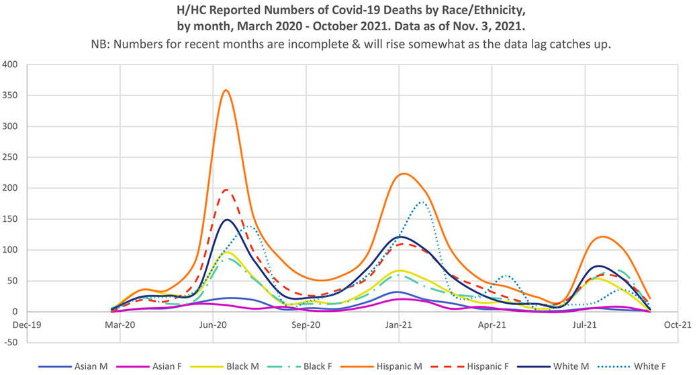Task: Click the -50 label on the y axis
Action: pyautogui.click(x=10, y=343)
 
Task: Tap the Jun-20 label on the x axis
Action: pyautogui.click(x=213, y=323)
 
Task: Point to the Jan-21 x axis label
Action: pyautogui.click(x=399, y=323)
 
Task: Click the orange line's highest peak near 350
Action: pyautogui.click(x=226, y=90)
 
